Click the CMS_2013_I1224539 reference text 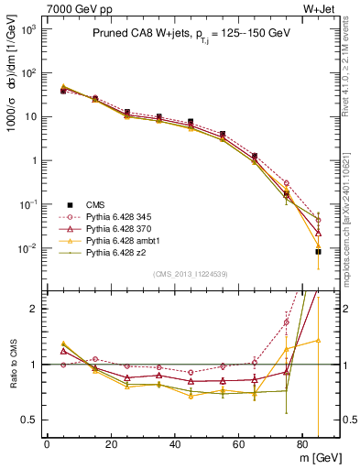[x=191, y=273]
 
